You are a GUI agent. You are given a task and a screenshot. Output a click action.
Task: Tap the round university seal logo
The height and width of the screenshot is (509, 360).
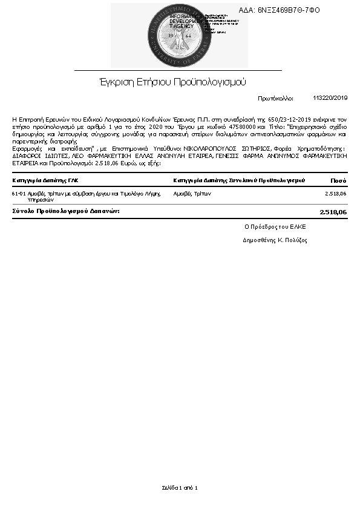coord(179,35)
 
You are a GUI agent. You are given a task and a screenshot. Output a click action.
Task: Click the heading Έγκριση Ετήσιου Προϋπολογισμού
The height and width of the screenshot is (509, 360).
coord(173,82)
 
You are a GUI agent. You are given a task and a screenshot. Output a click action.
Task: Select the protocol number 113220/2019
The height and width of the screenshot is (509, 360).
coord(330,97)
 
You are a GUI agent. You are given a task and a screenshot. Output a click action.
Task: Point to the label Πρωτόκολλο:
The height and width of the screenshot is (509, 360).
coord(275,97)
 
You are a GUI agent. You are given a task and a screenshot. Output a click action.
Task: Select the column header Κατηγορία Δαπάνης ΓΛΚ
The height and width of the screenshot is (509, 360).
coord(45,180)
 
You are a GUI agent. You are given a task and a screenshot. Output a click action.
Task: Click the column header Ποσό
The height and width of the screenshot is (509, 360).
coord(338,180)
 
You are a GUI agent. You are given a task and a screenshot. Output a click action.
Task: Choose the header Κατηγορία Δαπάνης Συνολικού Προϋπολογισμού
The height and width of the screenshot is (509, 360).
coord(239,180)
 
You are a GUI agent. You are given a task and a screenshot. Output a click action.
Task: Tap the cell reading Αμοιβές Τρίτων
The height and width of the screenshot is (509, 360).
coord(192,194)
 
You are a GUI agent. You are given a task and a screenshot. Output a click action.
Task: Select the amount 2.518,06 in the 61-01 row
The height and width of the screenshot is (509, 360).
coord(335,194)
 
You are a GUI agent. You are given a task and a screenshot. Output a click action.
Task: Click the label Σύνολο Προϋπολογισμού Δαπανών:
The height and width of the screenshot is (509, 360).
coord(66,211)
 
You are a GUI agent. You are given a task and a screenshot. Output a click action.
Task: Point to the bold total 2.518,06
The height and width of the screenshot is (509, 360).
coord(333,212)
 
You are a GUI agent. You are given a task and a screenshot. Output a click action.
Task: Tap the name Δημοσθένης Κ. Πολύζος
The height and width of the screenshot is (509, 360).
coord(275,240)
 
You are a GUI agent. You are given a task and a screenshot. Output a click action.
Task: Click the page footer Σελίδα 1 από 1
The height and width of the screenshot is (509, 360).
coord(180,487)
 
